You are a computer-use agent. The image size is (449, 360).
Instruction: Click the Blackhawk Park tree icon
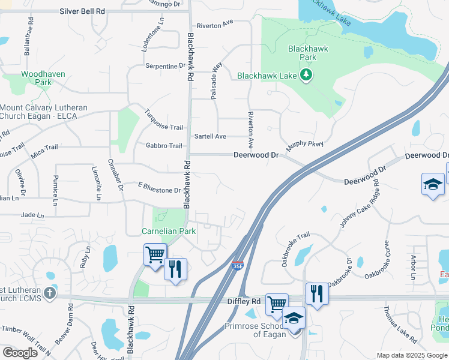(x=307, y=74)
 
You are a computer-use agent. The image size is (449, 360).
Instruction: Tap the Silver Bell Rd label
(x=82, y=11)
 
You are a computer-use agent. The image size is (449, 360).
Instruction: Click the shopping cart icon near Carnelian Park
(x=155, y=254)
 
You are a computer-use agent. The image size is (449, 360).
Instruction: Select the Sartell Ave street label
(x=210, y=137)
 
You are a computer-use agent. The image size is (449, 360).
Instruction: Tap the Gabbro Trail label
(x=163, y=146)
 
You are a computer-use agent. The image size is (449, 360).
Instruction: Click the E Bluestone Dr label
(x=159, y=190)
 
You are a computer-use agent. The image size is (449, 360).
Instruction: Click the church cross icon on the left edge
(x=49, y=293)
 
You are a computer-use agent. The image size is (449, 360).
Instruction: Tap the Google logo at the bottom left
(x=20, y=353)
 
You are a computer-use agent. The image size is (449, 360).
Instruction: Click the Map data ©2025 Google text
(x=412, y=355)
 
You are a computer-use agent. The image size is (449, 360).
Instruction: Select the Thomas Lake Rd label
(x=400, y=325)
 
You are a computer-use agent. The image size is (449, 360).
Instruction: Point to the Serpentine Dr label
(x=166, y=66)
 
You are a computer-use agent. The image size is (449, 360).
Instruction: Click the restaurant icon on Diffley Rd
(x=317, y=293)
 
